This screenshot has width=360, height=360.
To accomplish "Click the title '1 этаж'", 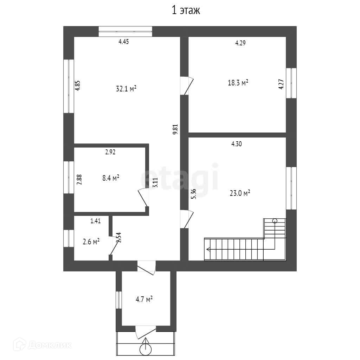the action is [x=186, y=11].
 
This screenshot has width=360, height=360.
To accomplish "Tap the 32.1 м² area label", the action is [x=126, y=89].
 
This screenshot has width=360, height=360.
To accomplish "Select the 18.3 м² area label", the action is [x=238, y=83].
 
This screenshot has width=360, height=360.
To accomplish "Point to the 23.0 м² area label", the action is [x=239, y=193].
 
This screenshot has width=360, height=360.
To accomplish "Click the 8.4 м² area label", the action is [x=110, y=178].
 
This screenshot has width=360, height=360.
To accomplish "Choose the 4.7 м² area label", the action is [x=144, y=300].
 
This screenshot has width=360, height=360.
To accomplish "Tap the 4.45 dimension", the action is [x=124, y=42].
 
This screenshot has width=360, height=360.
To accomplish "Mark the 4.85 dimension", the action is [x=78, y=86].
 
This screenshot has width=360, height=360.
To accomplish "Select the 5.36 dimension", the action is [x=193, y=194].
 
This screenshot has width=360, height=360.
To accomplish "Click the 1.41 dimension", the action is [x=96, y=221].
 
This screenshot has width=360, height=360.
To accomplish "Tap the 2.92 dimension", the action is [x=110, y=152].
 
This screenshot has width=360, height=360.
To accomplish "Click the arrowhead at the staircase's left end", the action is [x=208, y=250].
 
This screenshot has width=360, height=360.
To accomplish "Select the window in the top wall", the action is [x=125, y=31].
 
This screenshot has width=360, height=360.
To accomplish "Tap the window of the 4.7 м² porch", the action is [x=119, y=300].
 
